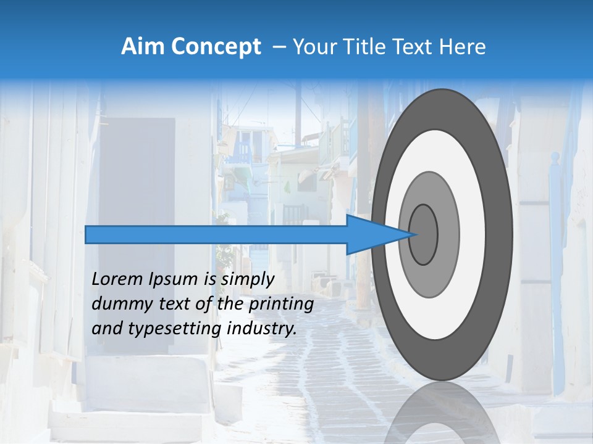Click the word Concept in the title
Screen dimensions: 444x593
[216, 47]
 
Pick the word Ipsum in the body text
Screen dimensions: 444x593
[172, 279]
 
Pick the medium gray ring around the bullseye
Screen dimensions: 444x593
[447, 234]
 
